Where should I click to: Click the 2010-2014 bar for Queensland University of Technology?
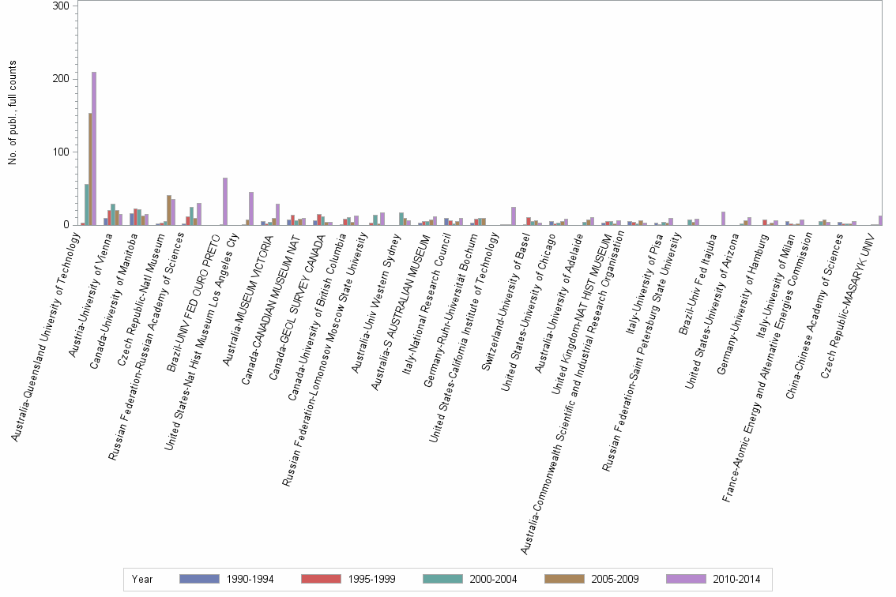tap(94, 148)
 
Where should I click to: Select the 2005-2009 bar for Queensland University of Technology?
tap(90, 169)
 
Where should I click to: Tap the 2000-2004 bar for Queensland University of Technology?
tap(86, 205)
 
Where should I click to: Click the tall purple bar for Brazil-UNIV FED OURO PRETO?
tap(225, 201)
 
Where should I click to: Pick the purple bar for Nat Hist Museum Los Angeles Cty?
tap(251, 208)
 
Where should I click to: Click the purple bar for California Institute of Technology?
tap(514, 216)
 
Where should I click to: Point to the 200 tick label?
tap(62, 79)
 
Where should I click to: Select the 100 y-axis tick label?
tap(62, 152)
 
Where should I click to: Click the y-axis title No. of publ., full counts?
tap(12, 113)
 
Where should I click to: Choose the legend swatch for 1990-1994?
tap(199, 579)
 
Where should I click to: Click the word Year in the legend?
tap(142, 579)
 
